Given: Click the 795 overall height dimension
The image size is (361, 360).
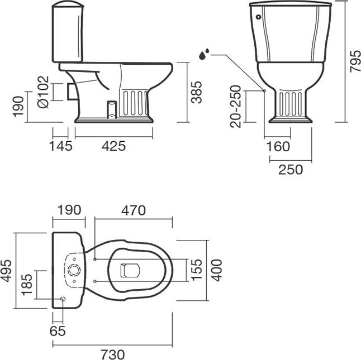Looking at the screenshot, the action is coord(354,61).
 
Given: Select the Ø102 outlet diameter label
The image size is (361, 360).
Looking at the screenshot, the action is coord(43,92).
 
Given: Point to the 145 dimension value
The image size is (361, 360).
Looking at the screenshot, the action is coord(61,146).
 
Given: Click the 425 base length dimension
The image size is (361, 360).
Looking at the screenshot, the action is coord(114,146).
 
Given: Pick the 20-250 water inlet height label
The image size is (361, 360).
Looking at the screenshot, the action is coord(235,106).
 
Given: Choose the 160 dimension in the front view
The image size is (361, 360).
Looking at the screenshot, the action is coord(278,146).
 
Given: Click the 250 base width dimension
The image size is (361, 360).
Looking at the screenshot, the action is coord(291,170).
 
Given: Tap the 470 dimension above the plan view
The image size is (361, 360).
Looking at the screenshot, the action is coord(134,210).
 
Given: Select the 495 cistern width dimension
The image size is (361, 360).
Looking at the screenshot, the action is coord(6,271).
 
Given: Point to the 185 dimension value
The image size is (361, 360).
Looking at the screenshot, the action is coord(27,285).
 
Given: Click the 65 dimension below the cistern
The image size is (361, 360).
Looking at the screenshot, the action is coord(58,331).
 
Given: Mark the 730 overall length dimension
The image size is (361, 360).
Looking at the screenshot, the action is coord(113,354).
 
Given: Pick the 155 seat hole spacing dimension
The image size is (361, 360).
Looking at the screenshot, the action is coord(197,270).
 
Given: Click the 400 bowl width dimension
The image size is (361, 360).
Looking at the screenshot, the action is coord(217,270).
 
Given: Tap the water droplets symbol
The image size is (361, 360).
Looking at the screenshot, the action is coord(204,54).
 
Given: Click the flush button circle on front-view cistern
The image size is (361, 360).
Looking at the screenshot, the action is coord(259,17).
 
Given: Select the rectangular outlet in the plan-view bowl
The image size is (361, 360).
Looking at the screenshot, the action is coord(130,270).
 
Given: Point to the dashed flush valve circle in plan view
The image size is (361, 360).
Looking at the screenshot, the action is coord(74,270).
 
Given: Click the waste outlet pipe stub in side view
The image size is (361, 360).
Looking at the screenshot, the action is coord(72,92).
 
